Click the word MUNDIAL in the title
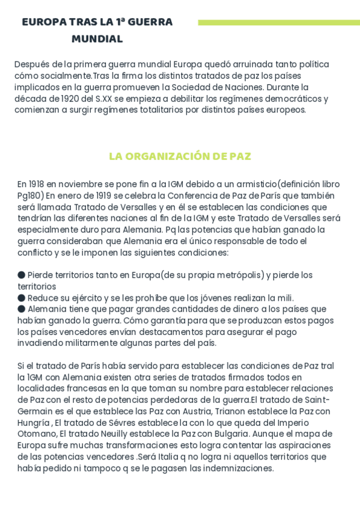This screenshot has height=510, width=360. (97, 39)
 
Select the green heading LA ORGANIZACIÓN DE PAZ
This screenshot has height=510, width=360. (180, 156)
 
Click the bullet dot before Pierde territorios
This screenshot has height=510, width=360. (22, 275)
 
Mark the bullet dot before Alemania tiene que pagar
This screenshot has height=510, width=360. (22, 309)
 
